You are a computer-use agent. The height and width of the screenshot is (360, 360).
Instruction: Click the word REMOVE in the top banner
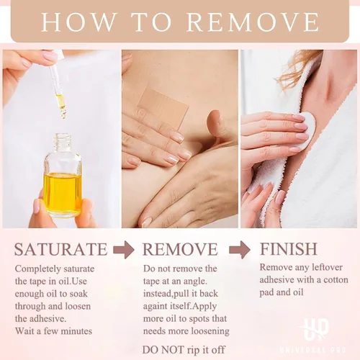point(253,22)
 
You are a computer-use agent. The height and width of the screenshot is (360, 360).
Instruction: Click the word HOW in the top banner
point(79,22)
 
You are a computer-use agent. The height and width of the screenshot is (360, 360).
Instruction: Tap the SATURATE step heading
point(61,249)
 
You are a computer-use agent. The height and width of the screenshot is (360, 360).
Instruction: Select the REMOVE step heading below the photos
point(180,249)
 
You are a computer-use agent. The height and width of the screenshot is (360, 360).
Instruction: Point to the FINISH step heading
point(289,248)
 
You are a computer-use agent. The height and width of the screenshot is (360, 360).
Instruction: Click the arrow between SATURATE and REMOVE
point(124,250)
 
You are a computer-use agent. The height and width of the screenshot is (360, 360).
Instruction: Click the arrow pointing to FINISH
point(240,250)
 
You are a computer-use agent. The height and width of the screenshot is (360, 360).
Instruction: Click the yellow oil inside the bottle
point(63,192)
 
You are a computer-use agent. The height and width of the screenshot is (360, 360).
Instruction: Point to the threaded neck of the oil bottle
point(63,142)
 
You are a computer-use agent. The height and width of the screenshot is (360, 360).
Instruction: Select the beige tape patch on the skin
point(163,107)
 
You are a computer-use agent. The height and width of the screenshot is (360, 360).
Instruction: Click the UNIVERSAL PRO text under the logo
point(313,350)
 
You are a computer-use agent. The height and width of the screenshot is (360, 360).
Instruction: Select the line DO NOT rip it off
point(184,350)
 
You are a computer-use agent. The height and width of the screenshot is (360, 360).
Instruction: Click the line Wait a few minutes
point(53,331)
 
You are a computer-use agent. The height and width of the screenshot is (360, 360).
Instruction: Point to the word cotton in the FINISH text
point(336,280)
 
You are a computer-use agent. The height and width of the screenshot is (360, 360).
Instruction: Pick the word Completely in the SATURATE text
point(35,269)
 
